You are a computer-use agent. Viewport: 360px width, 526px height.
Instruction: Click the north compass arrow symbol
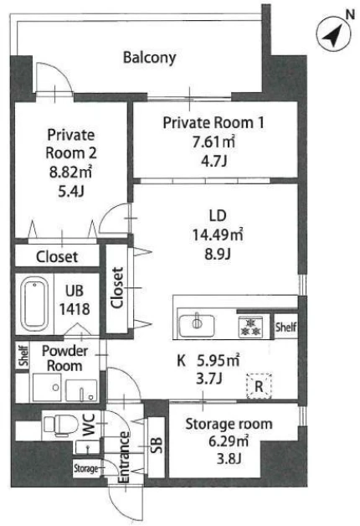334,34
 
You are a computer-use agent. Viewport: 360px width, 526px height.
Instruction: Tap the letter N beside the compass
350,15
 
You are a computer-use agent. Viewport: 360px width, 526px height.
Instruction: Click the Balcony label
150,58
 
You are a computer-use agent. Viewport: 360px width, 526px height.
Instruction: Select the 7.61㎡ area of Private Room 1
213,142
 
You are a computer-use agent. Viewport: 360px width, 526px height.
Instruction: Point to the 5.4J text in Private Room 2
71,192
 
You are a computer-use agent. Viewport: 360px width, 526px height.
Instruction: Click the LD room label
218,216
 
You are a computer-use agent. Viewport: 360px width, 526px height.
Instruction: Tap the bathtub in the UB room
34,303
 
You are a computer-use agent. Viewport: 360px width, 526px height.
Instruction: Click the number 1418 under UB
75,309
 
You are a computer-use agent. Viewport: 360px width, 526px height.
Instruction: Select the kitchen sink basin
197,325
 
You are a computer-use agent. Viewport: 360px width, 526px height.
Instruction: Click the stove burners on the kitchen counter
250,327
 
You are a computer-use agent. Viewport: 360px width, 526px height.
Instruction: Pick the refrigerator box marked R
259,386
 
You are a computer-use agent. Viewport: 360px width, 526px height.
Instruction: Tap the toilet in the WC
56,425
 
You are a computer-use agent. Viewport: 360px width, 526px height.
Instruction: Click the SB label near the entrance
157,446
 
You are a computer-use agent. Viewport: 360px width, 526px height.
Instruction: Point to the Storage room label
229,424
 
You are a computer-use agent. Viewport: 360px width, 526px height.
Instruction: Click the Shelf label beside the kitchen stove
286,327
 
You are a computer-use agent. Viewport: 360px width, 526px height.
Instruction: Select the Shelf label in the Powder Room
23,356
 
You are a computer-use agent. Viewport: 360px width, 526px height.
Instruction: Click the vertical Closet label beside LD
117,287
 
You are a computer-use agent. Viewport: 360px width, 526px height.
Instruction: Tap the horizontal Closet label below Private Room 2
57,257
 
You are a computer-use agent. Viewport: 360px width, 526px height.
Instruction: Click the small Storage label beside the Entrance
86,468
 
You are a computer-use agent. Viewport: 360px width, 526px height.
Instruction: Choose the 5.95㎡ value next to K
219,360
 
